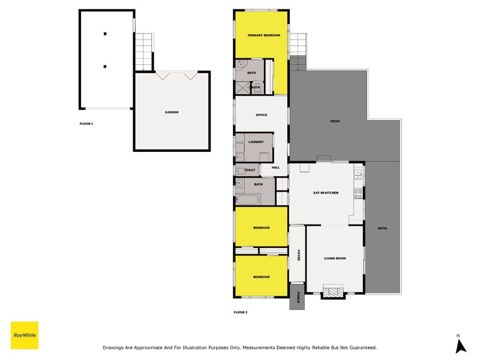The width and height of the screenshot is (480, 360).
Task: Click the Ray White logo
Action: point(25,335)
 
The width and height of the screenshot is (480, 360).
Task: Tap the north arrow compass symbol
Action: point(460,345)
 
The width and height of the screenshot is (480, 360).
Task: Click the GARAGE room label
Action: point(172,112)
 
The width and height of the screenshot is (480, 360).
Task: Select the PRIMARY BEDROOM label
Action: point(264,35)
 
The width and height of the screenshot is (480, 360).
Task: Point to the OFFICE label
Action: point(261,115)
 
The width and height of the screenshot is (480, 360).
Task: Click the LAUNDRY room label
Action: point(256,142)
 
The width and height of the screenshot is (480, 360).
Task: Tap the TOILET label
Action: point(250,170)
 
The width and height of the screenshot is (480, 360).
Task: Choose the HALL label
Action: point(275,168)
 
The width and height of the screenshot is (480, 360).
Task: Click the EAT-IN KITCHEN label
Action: point(326,193)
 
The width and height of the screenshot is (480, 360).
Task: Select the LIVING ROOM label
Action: point(335,258)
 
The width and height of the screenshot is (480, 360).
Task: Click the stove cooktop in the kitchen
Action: point(358,194)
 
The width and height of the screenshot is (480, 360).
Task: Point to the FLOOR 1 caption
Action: point(86,124)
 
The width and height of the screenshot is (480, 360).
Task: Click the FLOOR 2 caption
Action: point(240,312)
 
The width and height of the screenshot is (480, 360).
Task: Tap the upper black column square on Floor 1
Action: point(104,34)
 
